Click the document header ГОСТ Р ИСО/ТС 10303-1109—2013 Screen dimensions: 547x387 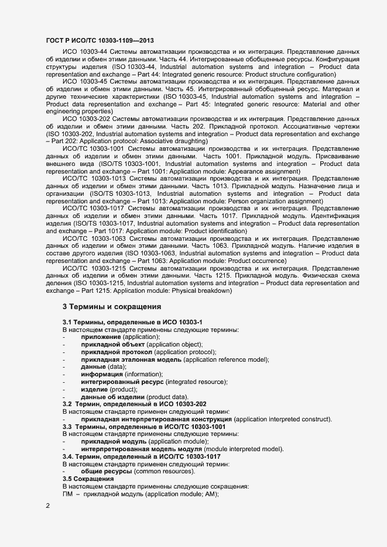pyautogui.click(x=100, y=40)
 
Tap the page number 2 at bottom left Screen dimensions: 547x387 pyautogui.click(x=47, y=505)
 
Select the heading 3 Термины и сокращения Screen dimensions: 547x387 pyautogui.click(x=111, y=307)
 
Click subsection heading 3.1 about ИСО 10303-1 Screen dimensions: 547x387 pyautogui.click(x=132, y=322)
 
